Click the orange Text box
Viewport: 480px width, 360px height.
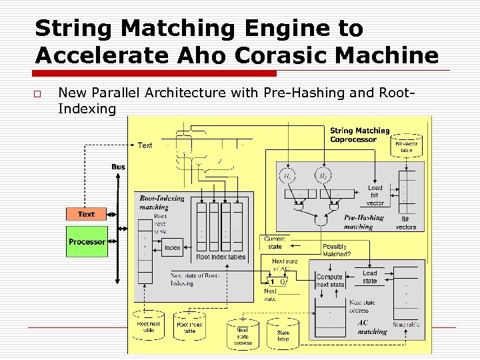pyautogui.click(x=86, y=214)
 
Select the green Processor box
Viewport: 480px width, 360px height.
pyautogui.click(x=87, y=241)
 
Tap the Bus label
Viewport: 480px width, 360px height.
pyautogui.click(x=118, y=167)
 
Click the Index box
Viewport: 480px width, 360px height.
pyautogui.click(x=173, y=247)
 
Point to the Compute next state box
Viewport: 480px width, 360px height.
pyautogui.click(x=329, y=281)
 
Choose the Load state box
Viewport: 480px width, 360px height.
pyautogui.click(x=370, y=277)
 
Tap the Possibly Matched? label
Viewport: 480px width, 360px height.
pyautogui.click(x=336, y=250)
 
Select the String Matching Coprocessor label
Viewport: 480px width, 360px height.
pyautogui.click(x=360, y=135)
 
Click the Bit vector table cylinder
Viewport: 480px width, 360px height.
pyautogui.click(x=407, y=143)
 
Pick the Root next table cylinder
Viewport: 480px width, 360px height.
pyautogui.click(x=149, y=325)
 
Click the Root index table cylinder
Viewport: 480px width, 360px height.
pyautogui.click(x=189, y=325)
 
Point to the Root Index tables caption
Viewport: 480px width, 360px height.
pyautogui.click(x=221, y=257)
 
